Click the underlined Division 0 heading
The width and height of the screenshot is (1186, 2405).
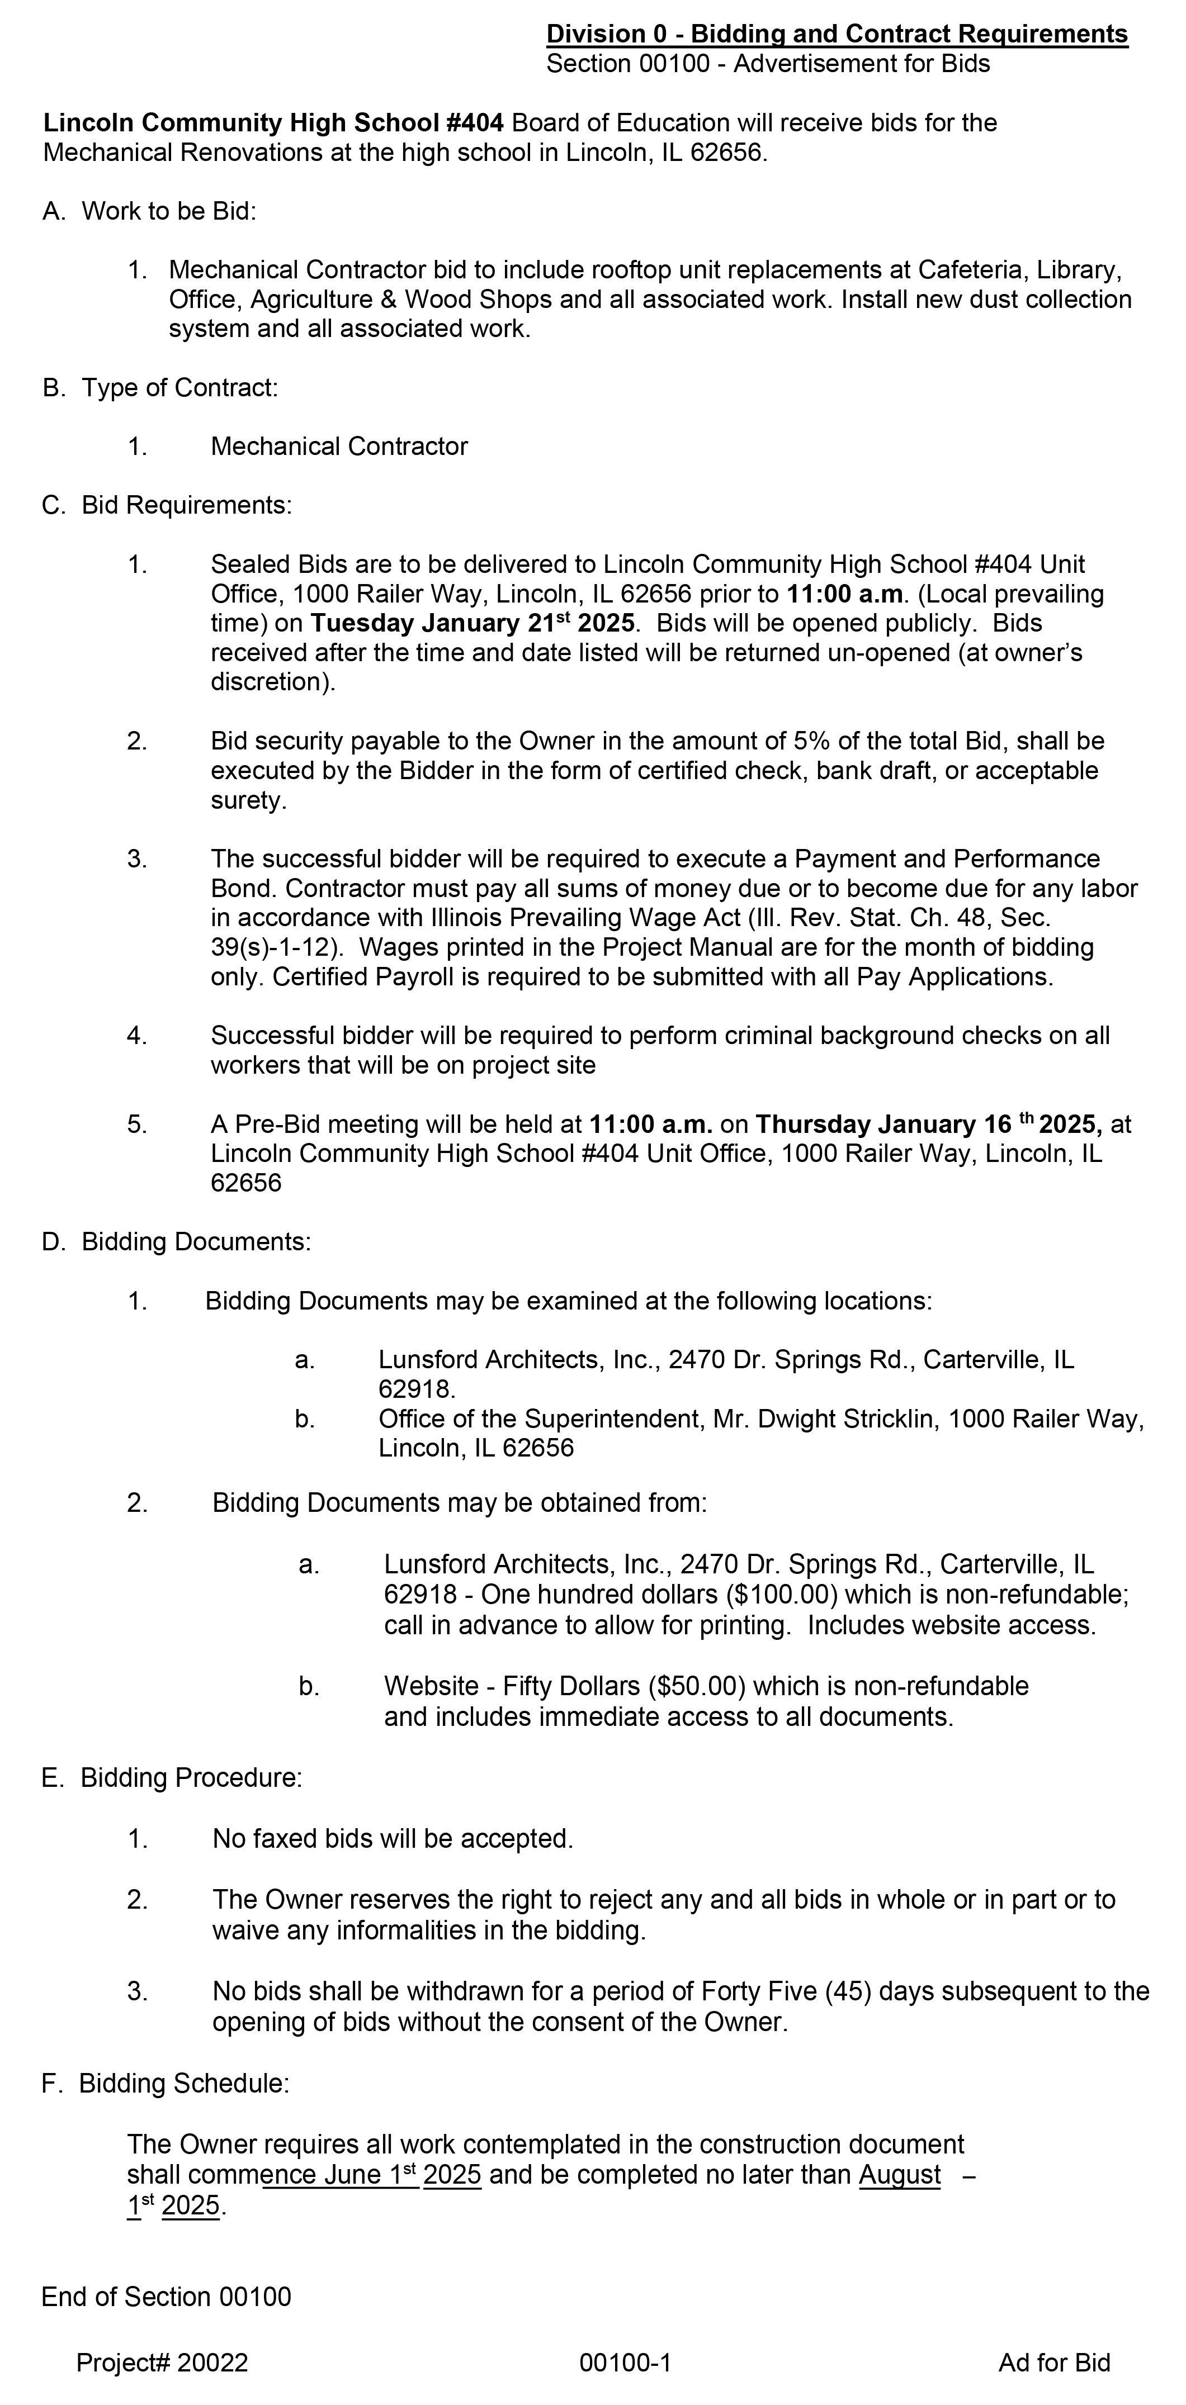[x=837, y=35]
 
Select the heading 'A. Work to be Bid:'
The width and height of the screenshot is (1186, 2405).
[x=149, y=211]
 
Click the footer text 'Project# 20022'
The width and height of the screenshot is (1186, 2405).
[x=163, y=2363]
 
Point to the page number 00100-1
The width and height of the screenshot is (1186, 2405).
[x=625, y=2363]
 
